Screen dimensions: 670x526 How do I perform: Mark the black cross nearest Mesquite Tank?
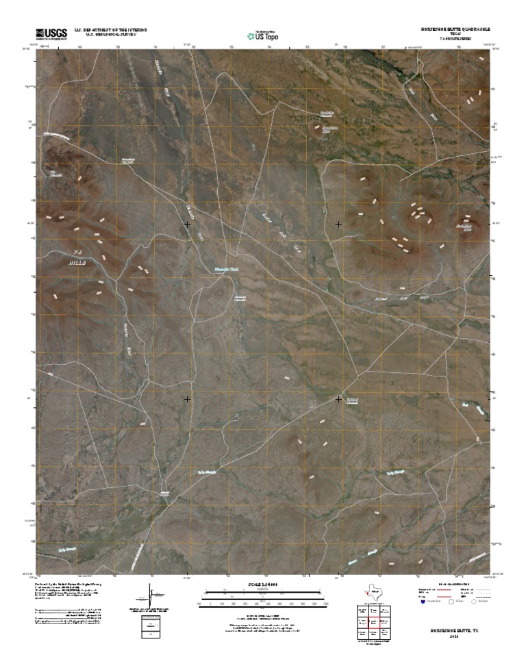click(x=187, y=224)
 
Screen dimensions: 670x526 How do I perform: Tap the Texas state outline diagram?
click(x=370, y=593)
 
